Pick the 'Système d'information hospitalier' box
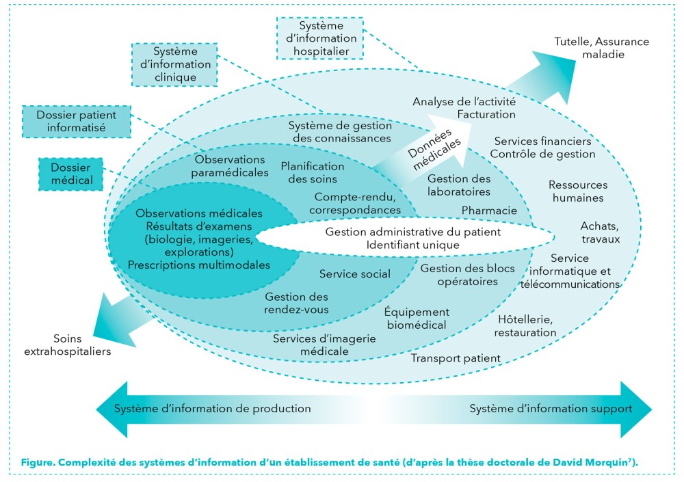[320, 38]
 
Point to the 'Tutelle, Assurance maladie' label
[601, 48]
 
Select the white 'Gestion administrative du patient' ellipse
[404, 238]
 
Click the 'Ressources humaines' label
[577, 191]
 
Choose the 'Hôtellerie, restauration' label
[526, 326]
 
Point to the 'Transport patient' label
[456, 358]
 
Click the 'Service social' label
[355, 274]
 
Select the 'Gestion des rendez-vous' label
[296, 303]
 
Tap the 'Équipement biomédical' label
[416, 318]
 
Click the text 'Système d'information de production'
[212, 409]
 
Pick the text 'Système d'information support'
[550, 409]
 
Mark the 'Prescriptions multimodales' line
[199, 265]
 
